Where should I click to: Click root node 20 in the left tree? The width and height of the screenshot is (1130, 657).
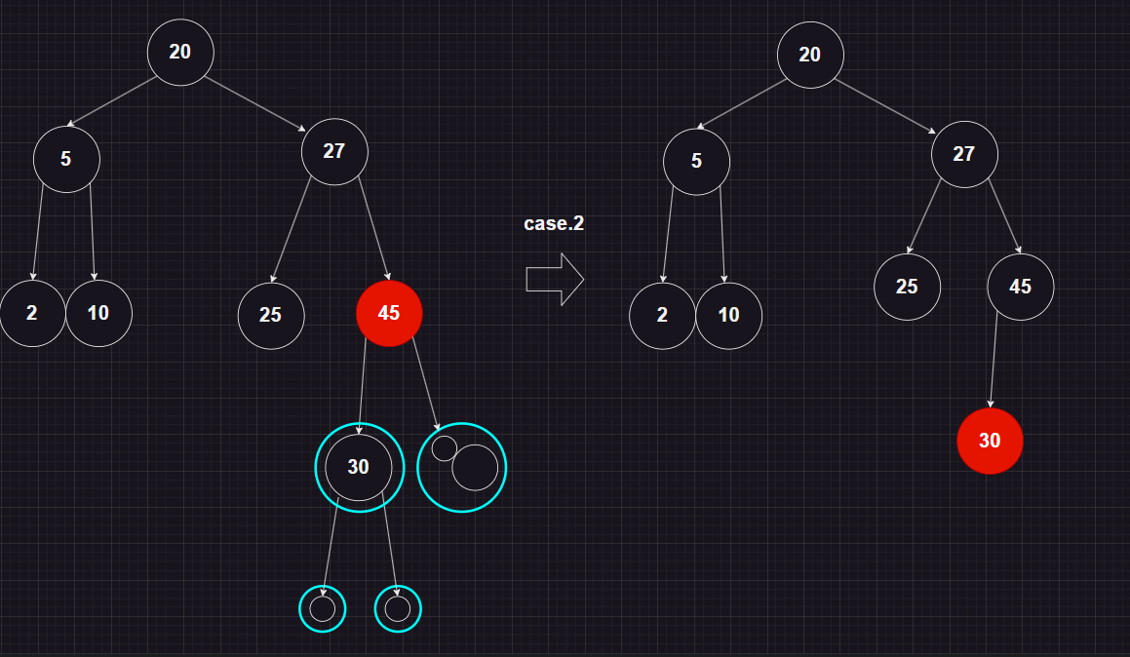tap(180, 52)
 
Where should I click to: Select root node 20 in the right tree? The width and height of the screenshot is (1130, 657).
tap(810, 55)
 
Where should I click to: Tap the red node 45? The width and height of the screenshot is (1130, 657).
tap(389, 313)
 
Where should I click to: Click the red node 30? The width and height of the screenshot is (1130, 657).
tap(990, 441)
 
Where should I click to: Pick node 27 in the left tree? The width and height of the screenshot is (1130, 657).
tap(334, 150)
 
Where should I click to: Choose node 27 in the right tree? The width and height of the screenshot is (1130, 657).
tap(964, 154)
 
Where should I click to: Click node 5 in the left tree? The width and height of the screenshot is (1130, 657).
tap(66, 158)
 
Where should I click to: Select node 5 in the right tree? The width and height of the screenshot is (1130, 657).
tap(696, 161)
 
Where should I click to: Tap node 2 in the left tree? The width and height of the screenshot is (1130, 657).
tap(32, 313)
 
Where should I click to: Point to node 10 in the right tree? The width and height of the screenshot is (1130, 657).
tap(729, 315)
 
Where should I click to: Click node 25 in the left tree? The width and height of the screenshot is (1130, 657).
tap(271, 315)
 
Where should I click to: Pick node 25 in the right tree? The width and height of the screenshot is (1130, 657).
tap(907, 287)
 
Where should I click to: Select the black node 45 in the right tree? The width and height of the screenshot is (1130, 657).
tap(1020, 287)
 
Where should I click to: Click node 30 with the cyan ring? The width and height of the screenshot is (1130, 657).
tap(359, 467)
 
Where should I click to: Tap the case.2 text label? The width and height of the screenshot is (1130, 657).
tap(554, 223)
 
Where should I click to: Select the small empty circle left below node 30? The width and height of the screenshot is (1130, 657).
tap(323, 608)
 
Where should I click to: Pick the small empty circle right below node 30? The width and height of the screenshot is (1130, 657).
tap(398, 608)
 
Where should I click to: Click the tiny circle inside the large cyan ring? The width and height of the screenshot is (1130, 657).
tap(445, 447)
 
